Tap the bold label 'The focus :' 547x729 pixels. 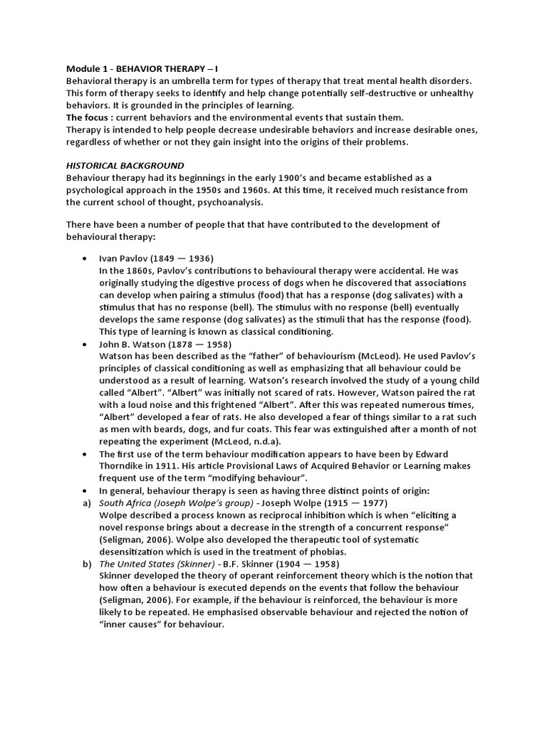coord(89,117)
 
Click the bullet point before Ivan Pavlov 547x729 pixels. coord(85,258)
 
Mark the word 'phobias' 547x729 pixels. coord(325,552)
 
